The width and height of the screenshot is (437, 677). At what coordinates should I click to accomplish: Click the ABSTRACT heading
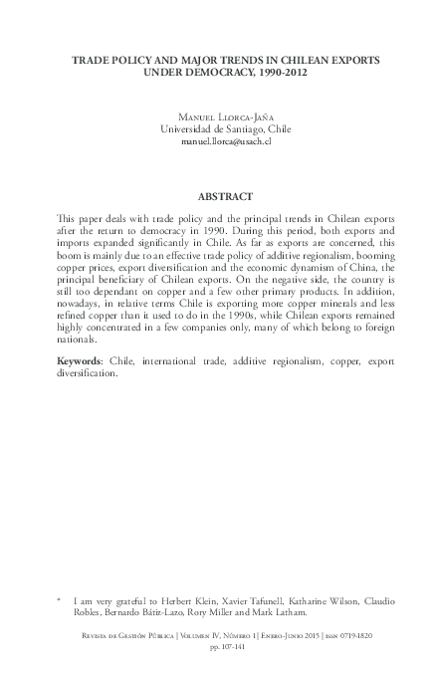point(218,196)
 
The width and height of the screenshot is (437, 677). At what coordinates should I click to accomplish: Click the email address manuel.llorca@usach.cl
point(218,142)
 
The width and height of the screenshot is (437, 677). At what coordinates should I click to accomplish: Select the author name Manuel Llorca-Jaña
point(218,113)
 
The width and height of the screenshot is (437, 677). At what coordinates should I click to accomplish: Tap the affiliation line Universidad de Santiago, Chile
point(218,127)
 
